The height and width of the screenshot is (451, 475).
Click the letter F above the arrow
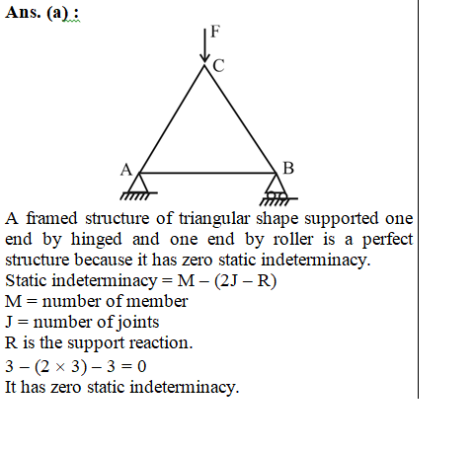point(215,32)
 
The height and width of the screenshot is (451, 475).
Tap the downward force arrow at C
point(204,45)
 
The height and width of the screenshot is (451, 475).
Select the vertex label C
point(218,65)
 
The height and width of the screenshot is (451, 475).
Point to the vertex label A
point(126,170)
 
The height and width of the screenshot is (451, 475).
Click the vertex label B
point(288,168)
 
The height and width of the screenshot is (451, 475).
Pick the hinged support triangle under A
point(138,186)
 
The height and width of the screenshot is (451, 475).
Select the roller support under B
point(277,189)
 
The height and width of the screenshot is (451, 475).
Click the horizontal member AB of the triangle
point(207,173)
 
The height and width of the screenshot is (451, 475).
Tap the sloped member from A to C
point(172,118)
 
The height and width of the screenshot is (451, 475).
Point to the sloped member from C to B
point(240,118)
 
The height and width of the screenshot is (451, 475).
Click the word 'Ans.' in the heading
point(23,13)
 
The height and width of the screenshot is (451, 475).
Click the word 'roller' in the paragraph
point(293,239)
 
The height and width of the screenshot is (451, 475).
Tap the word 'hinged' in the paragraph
point(96,240)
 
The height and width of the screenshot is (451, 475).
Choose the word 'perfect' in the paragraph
point(387,240)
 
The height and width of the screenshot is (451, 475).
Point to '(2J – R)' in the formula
point(245,281)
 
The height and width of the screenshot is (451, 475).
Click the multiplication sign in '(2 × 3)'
point(60,367)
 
